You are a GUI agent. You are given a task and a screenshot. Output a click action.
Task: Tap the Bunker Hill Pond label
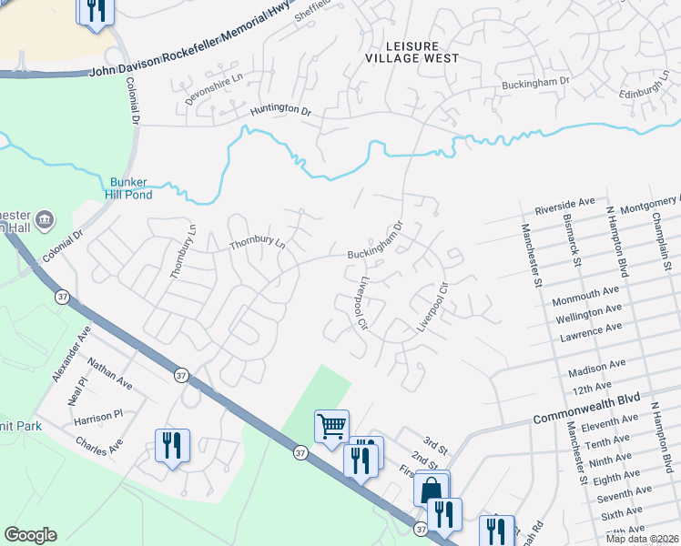129,187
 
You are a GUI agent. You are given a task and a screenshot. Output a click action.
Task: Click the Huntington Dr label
280,109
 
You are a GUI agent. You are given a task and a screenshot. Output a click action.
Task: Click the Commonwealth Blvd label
586,409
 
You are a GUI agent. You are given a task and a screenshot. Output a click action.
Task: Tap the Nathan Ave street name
109,374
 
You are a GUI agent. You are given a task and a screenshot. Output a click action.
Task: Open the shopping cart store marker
331,426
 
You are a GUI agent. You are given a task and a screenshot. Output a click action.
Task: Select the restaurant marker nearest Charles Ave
172,446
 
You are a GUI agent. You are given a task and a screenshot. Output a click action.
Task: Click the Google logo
30,535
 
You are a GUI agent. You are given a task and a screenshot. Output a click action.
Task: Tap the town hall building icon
46,219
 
